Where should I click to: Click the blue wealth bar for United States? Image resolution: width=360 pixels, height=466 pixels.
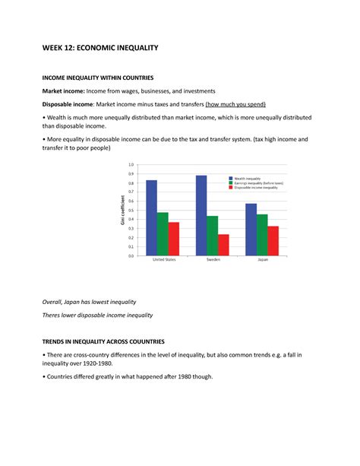point(152,218)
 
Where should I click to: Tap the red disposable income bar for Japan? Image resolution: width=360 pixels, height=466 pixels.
point(273,241)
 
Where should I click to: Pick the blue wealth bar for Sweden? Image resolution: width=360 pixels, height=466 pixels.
point(201,216)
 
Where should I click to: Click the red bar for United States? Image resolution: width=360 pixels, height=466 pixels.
point(174,239)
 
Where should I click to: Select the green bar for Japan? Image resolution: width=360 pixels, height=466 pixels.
point(262,235)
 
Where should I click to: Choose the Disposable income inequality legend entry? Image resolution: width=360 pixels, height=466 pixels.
point(258,189)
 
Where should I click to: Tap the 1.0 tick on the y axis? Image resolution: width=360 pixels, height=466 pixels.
point(131,164)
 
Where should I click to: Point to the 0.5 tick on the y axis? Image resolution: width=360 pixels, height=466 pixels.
point(131,210)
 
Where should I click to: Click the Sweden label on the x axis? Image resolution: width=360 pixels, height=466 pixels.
point(213,261)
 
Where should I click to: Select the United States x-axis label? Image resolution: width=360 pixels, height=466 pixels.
point(163,261)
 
